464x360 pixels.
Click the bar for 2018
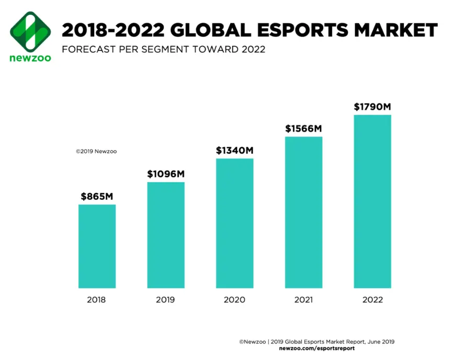(x=97, y=246)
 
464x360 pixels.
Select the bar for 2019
(x=166, y=235)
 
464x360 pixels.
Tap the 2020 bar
(x=235, y=223)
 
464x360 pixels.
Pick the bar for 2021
(x=303, y=212)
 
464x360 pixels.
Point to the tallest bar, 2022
(x=372, y=201)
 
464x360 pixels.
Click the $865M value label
(x=97, y=197)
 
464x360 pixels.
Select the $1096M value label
(x=166, y=174)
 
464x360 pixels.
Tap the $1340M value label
(x=235, y=151)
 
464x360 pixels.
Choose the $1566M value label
(x=303, y=128)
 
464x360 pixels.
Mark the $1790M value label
(x=372, y=107)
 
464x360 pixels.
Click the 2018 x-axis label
(x=96, y=300)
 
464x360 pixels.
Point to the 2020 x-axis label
(x=234, y=300)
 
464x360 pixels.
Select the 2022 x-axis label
(x=372, y=300)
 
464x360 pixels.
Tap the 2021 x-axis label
(x=303, y=300)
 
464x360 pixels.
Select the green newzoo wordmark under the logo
(x=30, y=58)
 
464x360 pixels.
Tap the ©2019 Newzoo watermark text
(x=96, y=151)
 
